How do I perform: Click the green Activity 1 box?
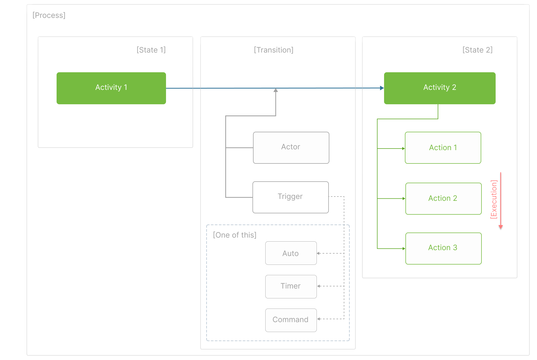[x=111, y=88]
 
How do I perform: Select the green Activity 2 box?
[x=439, y=88]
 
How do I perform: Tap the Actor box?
[x=291, y=147]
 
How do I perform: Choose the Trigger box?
[x=290, y=197]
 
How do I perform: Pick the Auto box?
[x=291, y=253]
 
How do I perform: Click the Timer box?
[x=291, y=286]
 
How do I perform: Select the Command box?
[x=291, y=320]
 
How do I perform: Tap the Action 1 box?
[x=443, y=147]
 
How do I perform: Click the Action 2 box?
[x=443, y=198]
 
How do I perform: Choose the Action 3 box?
[x=443, y=248]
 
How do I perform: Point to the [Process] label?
[x=49, y=15]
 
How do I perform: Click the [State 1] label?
[x=151, y=50]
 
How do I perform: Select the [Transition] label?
[x=274, y=50]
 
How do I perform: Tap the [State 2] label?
[x=477, y=50]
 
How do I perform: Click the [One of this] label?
[x=234, y=235]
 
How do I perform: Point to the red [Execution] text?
[x=494, y=199]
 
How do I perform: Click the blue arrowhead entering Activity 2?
[x=382, y=88]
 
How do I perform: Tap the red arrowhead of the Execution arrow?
[x=501, y=227]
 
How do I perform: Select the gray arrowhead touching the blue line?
[x=276, y=90]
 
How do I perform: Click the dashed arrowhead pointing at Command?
[x=319, y=319]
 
